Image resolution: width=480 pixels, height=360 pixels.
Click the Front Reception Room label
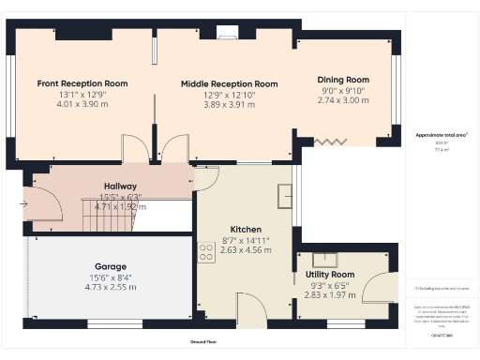tap(82, 83)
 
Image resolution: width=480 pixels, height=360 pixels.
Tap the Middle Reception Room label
tap(229, 83)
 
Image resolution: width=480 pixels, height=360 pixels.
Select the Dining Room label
tap(344, 80)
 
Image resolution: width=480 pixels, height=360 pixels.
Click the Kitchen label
tap(246, 230)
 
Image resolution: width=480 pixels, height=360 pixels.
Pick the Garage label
tap(110, 266)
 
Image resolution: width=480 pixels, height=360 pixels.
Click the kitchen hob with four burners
tap(204, 250)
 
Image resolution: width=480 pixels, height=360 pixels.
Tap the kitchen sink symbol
tap(283, 197)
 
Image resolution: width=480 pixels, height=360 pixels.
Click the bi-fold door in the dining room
tap(329, 141)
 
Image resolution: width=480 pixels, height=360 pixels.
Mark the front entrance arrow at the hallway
tap(24, 200)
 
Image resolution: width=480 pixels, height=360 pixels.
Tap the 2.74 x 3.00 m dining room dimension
tap(344, 100)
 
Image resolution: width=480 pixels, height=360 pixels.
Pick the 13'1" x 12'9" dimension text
tap(82, 94)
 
